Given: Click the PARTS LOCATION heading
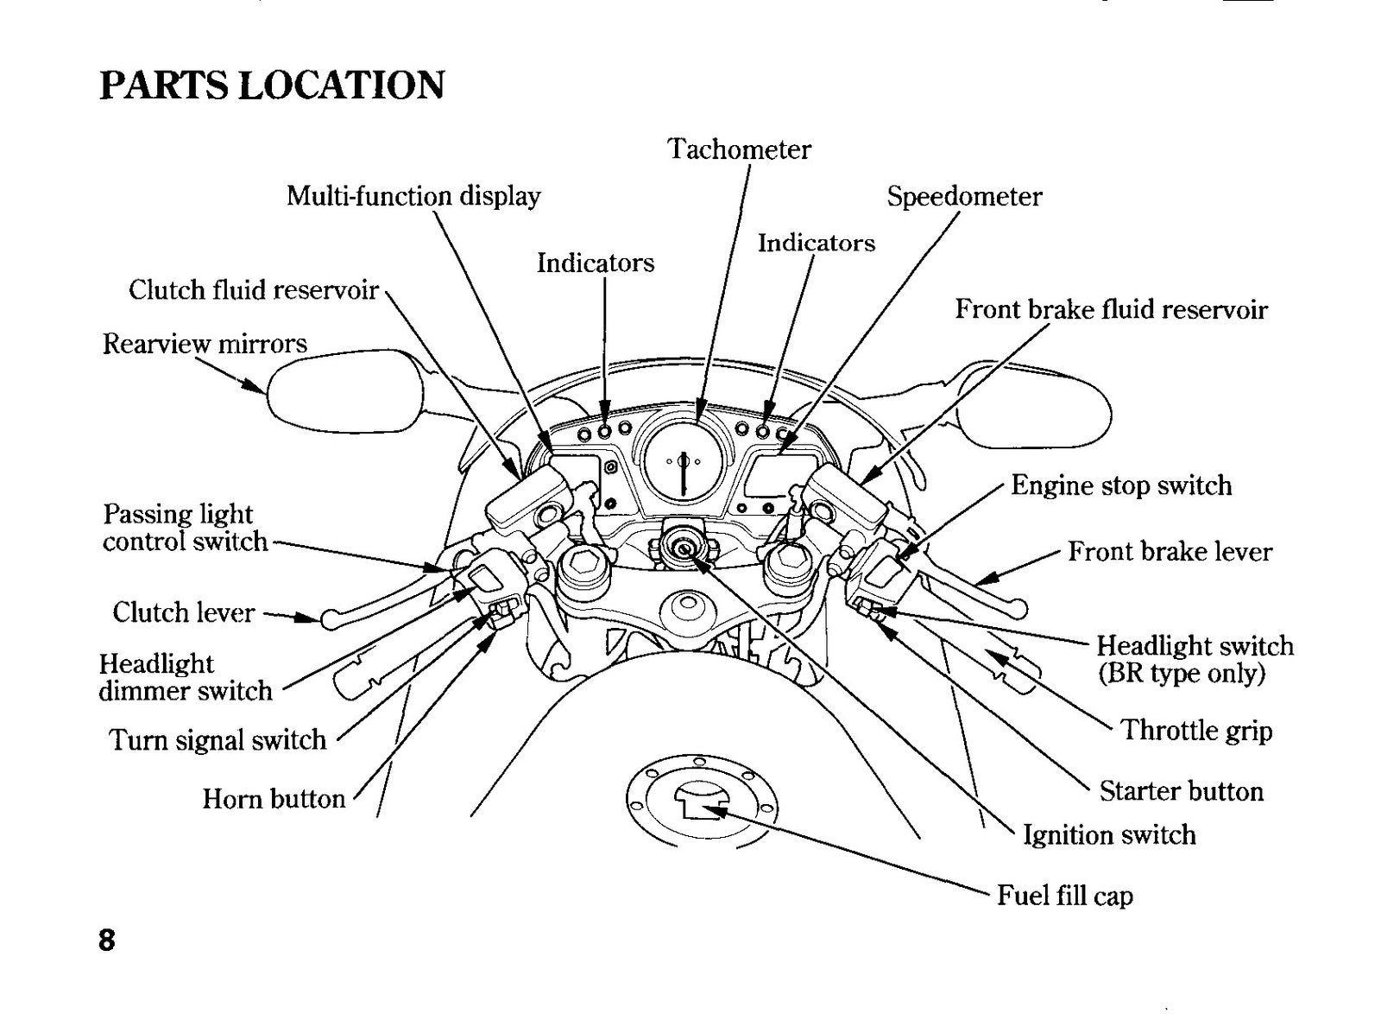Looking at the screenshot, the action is [x=272, y=86].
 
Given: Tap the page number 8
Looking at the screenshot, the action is [x=107, y=941].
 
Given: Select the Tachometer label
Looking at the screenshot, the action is [x=739, y=149].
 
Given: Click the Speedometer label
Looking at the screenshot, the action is [x=964, y=197].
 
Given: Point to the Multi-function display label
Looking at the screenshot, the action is [x=413, y=196].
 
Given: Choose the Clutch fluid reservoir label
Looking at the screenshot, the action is [x=254, y=290].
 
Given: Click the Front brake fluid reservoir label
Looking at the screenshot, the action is [x=1111, y=309].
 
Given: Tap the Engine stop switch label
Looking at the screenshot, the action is [x=1121, y=486].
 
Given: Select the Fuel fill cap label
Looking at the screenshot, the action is [x=1065, y=895].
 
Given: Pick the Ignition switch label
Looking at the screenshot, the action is [x=1110, y=835].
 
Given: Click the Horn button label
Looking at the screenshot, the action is [x=274, y=799].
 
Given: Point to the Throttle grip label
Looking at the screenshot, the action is [x=1196, y=731].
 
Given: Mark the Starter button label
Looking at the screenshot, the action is [x=1182, y=790].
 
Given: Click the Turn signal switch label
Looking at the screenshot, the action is [x=218, y=739].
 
